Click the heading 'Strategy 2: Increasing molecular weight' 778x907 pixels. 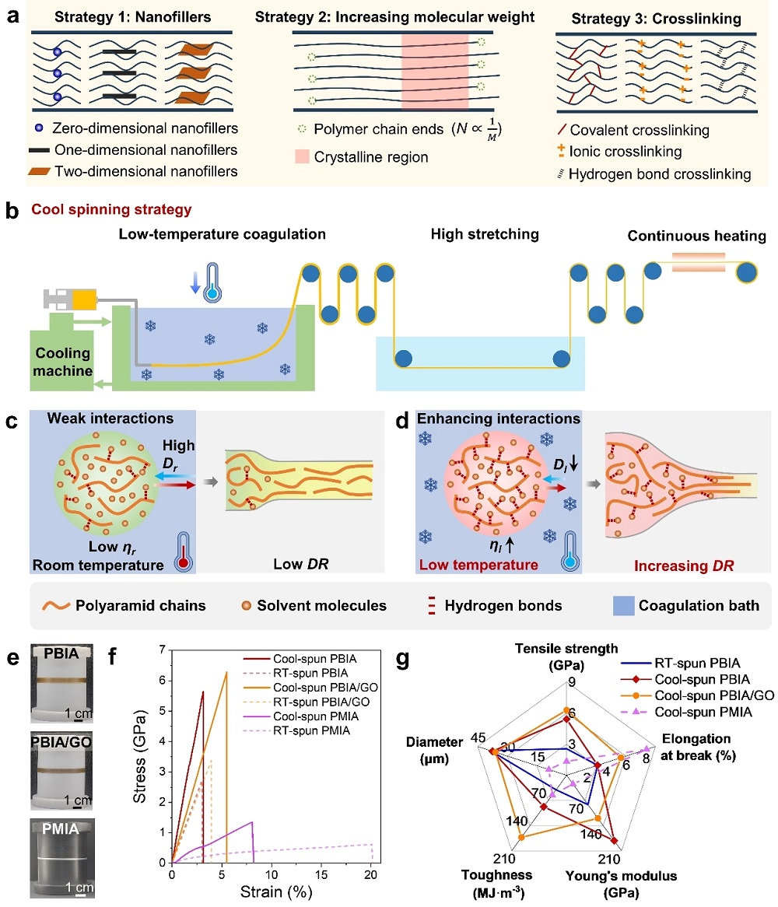coord(394,17)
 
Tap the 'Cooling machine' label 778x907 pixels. coord(62,362)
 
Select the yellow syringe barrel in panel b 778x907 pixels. coord(85,299)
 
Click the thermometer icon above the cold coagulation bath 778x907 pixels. coord(213,283)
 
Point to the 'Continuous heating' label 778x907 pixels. coord(696,236)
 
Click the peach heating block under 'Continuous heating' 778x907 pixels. coord(698,262)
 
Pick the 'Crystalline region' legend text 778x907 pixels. coord(371,157)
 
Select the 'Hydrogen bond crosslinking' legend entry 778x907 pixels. coord(660,174)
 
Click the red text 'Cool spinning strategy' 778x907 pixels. coord(111,209)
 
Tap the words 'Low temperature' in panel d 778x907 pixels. coord(478,565)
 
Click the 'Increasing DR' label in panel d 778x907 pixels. coord(684,566)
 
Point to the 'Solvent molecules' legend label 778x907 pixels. coord(321,606)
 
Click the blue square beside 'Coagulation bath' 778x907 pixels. coord(623,606)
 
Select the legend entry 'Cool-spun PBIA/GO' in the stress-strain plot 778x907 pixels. coord(325,687)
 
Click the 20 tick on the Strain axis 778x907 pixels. coord(371,874)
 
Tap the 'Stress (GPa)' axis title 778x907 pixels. coord(139,756)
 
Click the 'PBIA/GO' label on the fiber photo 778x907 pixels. coord(61,742)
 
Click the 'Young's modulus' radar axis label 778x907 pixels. coord(622,876)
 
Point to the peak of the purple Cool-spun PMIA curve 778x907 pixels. coord(251,822)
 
